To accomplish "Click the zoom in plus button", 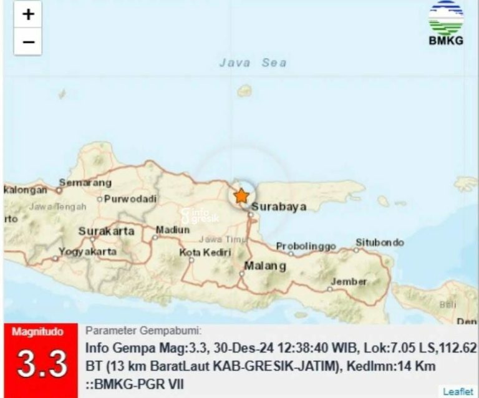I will (x=28, y=15).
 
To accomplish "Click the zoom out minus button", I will (x=28, y=42).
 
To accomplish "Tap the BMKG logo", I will (x=445, y=24).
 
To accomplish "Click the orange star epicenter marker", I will (x=241, y=195).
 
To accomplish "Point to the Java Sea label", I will (x=253, y=62).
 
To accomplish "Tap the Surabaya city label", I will (x=280, y=207).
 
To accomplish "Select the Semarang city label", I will (x=85, y=183).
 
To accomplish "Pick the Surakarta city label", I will (x=106, y=231).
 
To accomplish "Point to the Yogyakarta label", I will (x=87, y=252).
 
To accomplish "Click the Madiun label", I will (x=173, y=230).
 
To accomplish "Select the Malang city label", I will (x=265, y=266).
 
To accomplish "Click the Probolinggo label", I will (x=306, y=246).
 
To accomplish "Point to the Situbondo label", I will (x=379, y=242).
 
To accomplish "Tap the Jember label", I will (x=348, y=281).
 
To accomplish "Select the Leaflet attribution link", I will (x=457, y=392).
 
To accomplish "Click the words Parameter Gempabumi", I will (x=143, y=331).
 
